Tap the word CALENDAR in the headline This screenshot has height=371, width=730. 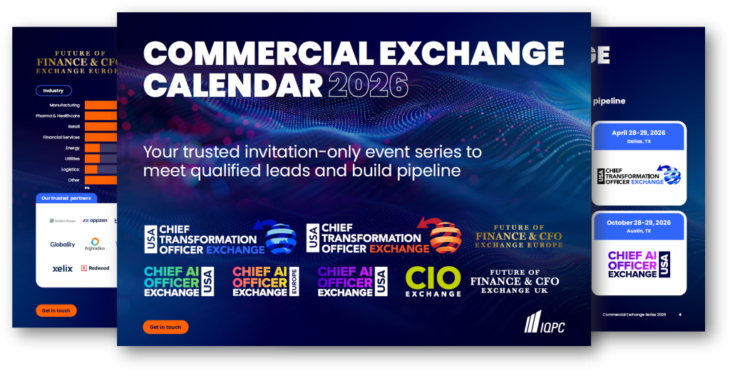234,85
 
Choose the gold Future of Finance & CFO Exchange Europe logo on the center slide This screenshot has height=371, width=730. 518,236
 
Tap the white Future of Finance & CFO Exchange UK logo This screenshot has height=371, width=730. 515,282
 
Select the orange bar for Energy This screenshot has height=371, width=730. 92,148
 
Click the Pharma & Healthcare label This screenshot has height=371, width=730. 58,116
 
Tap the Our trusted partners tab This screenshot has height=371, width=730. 65,198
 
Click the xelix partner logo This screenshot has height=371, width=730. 62,269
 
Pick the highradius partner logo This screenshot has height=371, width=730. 94,244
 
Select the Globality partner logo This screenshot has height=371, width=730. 63,244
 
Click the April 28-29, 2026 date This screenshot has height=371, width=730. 638,133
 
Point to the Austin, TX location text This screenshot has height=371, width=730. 638,231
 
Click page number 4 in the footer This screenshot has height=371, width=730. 679,315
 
